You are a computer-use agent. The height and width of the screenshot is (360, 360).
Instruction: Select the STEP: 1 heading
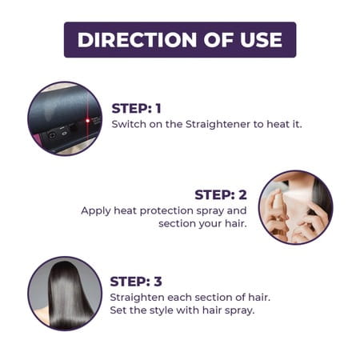pyautogui.click(x=136, y=109)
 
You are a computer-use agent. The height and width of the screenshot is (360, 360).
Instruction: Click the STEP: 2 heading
pyautogui.click(x=221, y=194)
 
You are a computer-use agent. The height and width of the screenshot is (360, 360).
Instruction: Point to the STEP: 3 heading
pyautogui.click(x=136, y=281)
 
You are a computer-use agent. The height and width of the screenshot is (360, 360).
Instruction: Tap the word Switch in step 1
pyautogui.click(x=128, y=125)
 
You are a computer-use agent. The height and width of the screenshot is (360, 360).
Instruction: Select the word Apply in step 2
pyautogui.click(x=96, y=210)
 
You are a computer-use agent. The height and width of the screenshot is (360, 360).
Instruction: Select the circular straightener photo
pyautogui.click(x=65, y=118)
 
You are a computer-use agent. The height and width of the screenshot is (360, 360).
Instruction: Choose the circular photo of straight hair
pyautogui.click(x=65, y=293)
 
